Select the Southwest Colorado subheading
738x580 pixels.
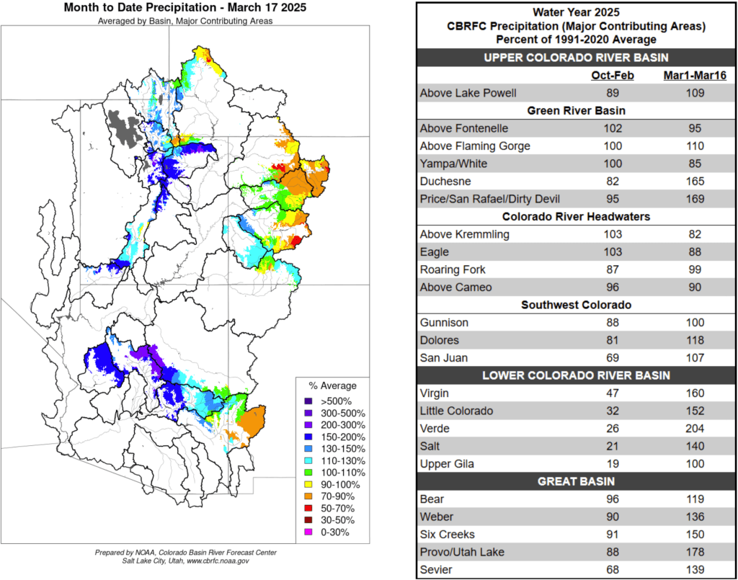tap(576, 305)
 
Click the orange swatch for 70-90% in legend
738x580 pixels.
tap(308, 496)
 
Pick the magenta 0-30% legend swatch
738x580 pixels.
tap(308, 532)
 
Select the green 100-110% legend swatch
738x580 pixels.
tap(308, 472)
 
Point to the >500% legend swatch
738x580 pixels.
tap(308, 401)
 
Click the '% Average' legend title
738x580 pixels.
tap(332, 385)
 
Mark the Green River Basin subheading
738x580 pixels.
tap(576, 111)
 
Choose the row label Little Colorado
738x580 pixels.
tap(456, 411)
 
